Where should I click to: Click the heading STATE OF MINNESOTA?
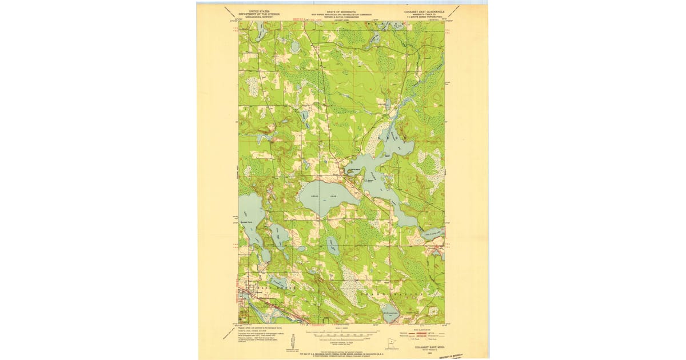(x=341, y=11)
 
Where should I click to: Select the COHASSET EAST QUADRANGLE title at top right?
(x=422, y=11)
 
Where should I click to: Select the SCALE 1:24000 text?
(x=341, y=328)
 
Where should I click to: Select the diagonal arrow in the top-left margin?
(x=229, y=13)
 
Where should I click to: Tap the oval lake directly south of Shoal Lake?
(x=332, y=246)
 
